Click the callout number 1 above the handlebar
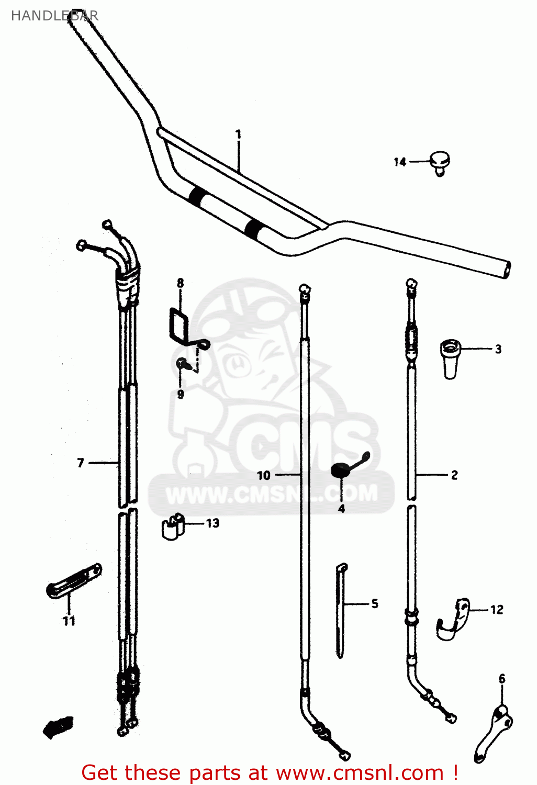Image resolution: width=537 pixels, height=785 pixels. pyautogui.click(x=238, y=134)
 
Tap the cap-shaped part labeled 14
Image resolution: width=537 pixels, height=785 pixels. pyautogui.click(x=440, y=162)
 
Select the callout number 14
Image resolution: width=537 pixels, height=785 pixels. pyautogui.click(x=400, y=162)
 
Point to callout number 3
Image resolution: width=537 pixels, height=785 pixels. pyautogui.click(x=498, y=349)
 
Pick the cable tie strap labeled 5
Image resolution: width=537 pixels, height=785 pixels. pyautogui.click(x=341, y=610)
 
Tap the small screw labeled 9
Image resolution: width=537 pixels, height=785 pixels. pyautogui.click(x=181, y=363)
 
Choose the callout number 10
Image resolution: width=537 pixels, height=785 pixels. pyautogui.click(x=263, y=475)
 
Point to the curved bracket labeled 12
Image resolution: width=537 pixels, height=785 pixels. pyautogui.click(x=453, y=620)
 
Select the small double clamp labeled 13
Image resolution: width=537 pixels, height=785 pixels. pyautogui.click(x=173, y=526)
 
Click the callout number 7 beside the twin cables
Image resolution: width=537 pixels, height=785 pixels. pyautogui.click(x=80, y=463)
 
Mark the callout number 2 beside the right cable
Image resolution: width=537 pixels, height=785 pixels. pyautogui.click(x=454, y=475)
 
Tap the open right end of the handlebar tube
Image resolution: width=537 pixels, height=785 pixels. pyautogui.click(x=505, y=269)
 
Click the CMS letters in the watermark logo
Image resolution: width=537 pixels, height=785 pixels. pyautogui.click(x=304, y=445)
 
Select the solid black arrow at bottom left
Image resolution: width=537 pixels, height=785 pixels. pyautogui.click(x=57, y=726)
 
